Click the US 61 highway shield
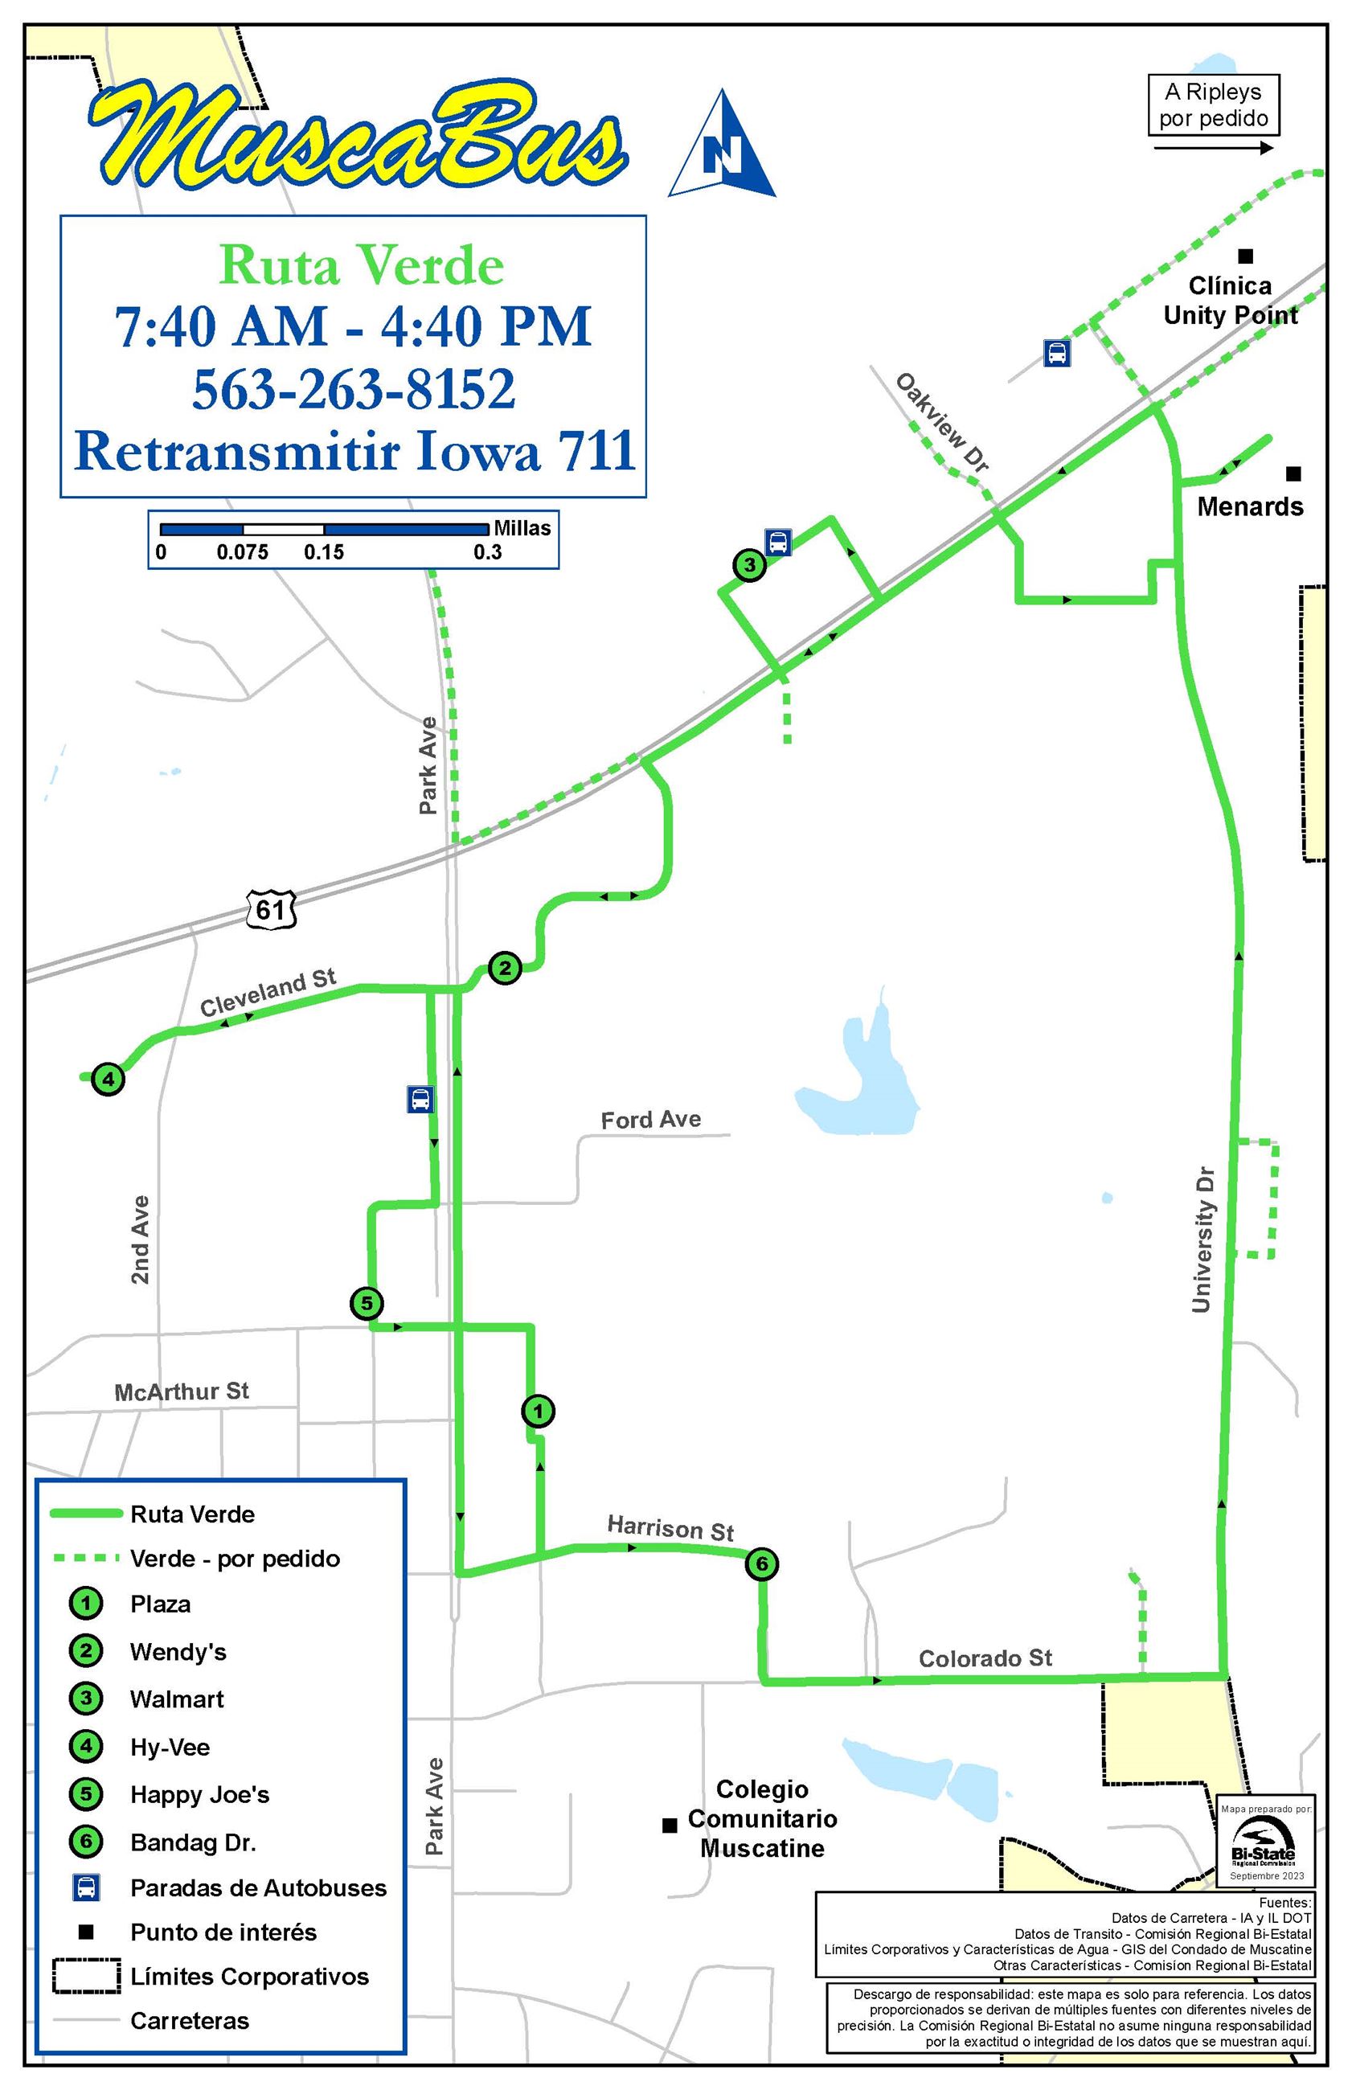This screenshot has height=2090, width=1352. pyautogui.click(x=270, y=908)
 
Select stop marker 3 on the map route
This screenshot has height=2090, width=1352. pyautogui.click(x=749, y=564)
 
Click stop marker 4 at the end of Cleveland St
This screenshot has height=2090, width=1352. pyautogui.click(x=108, y=1078)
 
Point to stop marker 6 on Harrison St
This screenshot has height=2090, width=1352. pyautogui.click(x=761, y=1563)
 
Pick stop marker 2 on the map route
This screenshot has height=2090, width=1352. pyautogui.click(x=505, y=968)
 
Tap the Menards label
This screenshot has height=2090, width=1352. pyautogui.click(x=1249, y=506)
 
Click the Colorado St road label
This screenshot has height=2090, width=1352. pyautogui.click(x=984, y=1658)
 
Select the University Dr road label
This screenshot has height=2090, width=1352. pyautogui.click(x=1202, y=1240)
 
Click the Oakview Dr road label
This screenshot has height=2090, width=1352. pyautogui.click(x=942, y=422)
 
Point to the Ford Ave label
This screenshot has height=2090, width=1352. pyautogui.click(x=650, y=1119)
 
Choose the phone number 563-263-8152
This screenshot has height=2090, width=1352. pyautogui.click(x=354, y=389)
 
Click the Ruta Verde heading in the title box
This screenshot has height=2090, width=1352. pyautogui.click(x=361, y=265)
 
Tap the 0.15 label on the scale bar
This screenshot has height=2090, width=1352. pyautogui.click(x=324, y=552)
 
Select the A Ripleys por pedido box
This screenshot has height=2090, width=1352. pyautogui.click(x=1213, y=104)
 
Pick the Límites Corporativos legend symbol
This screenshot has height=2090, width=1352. pyautogui.click(x=86, y=1976)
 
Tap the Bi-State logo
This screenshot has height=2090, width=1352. pyautogui.click(x=1264, y=1843)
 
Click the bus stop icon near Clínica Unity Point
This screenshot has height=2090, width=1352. pyautogui.click(x=1057, y=353)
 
